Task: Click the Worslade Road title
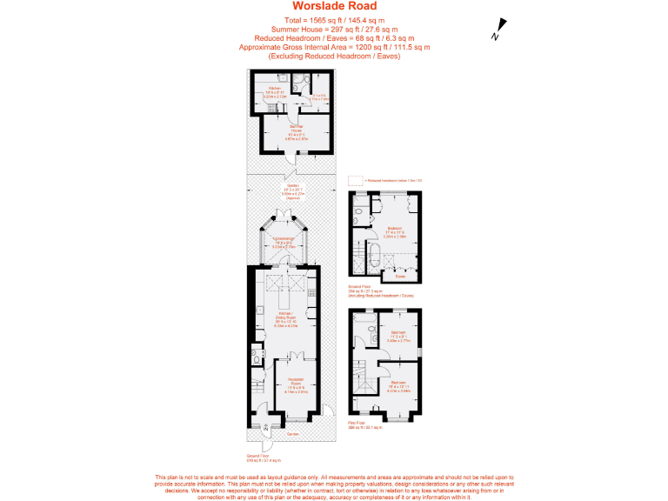click(335, 7)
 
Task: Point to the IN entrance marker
click(267, 425)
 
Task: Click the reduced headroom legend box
click(354, 180)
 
